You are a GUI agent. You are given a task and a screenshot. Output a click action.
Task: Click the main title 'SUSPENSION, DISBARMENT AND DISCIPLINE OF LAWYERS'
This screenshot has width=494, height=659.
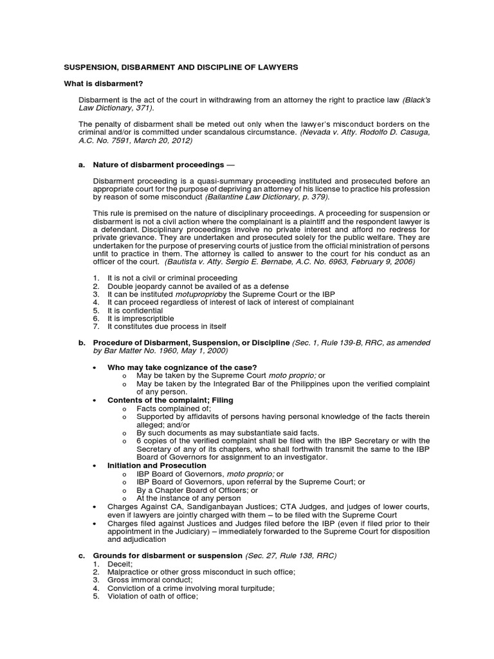179,67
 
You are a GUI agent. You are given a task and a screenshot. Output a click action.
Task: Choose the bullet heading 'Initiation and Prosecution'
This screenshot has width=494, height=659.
157,465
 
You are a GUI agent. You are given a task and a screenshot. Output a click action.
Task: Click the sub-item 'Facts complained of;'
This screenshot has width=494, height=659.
165,408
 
